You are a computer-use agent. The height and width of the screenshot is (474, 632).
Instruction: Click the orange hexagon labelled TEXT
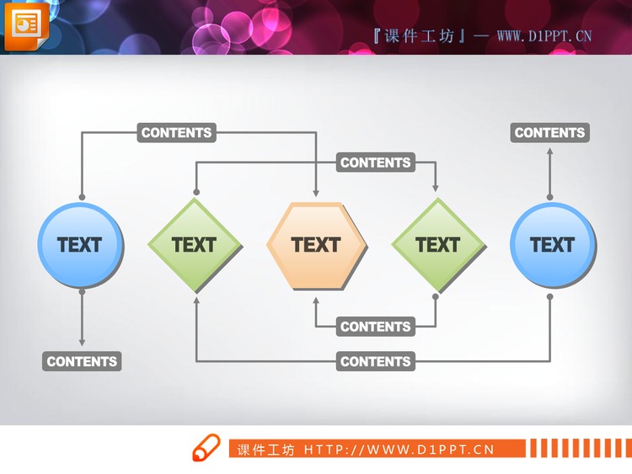coord(317,246)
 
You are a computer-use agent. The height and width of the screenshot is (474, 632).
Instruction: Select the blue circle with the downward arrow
coord(81,245)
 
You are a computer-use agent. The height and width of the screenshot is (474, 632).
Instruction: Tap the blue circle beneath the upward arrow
coord(554,245)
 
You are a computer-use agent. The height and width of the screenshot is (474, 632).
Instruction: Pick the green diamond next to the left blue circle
coord(195,245)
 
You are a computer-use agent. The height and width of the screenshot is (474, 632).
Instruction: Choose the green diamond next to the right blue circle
coord(438,245)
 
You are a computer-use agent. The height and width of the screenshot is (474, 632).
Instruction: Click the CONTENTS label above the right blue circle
coord(549,132)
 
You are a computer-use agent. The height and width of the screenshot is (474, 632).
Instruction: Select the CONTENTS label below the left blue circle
coord(82,361)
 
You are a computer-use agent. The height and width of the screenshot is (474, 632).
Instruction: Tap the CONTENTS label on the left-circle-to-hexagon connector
coord(177,132)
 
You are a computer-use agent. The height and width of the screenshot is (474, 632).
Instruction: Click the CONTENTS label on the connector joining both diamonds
coord(376,162)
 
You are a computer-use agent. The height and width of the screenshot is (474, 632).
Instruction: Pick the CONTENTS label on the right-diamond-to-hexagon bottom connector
coord(376,326)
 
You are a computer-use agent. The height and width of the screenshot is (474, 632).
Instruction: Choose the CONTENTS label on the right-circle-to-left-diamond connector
coord(376,361)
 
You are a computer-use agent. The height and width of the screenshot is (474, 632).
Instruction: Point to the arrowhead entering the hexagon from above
coord(316,193)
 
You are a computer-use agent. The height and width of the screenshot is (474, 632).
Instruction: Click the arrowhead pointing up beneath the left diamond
coord(196,301)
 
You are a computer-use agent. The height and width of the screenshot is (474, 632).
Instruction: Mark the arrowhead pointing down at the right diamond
coord(436,187)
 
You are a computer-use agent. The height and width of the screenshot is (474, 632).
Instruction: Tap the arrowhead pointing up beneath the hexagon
coord(316,301)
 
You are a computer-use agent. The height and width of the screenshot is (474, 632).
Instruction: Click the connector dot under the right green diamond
coord(436,297)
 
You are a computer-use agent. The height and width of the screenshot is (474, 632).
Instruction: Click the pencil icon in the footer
coord(206,447)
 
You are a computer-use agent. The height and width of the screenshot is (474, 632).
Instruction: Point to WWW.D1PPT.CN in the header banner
coord(544,36)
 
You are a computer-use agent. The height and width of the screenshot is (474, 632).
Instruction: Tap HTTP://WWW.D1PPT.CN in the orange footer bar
coord(399,450)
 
